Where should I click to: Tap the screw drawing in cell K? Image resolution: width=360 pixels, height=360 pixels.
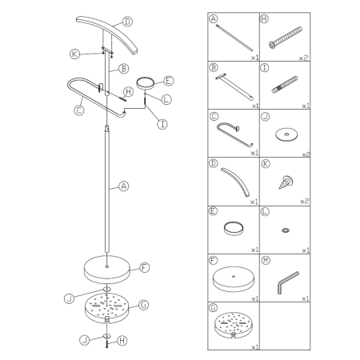pyautogui.click(x=286, y=182)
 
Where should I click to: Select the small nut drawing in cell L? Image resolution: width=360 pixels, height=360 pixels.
pyautogui.click(x=286, y=230)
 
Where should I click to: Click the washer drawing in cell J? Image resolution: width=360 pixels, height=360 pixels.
pyautogui.click(x=286, y=134)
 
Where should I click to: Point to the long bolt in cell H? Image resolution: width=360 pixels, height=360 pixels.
pyautogui.click(x=286, y=38)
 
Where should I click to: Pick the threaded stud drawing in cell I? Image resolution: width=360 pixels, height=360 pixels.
pyautogui.click(x=285, y=85)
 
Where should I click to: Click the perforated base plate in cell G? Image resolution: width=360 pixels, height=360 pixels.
pyautogui.click(x=234, y=325)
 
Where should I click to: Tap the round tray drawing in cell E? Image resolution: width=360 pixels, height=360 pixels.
pyautogui.click(x=234, y=228)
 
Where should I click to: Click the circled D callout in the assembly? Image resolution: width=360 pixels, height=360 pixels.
pyautogui.click(x=127, y=22)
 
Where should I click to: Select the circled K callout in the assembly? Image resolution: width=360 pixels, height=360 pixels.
pyautogui.click(x=74, y=54)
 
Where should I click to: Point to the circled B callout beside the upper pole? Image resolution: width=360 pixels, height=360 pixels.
pyautogui.click(x=123, y=69)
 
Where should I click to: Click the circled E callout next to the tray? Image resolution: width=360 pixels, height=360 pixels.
pyautogui.click(x=168, y=81)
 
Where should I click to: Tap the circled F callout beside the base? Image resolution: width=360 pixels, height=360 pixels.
pyautogui.click(x=144, y=267)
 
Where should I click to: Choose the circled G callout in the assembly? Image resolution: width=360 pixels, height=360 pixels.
pyautogui.click(x=143, y=305)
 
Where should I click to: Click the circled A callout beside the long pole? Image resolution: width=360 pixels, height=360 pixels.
pyautogui.click(x=123, y=186)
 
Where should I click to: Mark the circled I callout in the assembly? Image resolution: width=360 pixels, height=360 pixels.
pyautogui.click(x=162, y=124)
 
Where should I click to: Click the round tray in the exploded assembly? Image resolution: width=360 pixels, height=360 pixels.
pyautogui.click(x=146, y=82)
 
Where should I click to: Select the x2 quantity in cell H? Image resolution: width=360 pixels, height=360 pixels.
pyautogui.click(x=303, y=58)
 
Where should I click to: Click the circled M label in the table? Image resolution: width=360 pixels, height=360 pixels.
pyautogui.click(x=266, y=260)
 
